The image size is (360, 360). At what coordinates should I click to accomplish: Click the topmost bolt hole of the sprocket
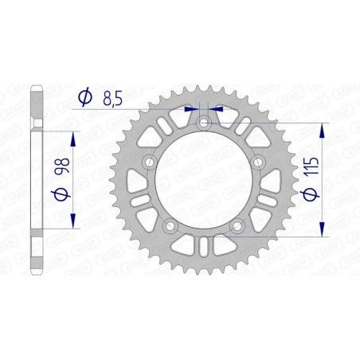coord(205,123)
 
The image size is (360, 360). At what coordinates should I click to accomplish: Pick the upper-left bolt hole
coord(148,163)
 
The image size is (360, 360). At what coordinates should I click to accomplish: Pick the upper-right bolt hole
coord(260,163)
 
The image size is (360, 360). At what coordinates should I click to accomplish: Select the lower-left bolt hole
coord(169,228)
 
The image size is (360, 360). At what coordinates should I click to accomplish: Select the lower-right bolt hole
coord(238,228)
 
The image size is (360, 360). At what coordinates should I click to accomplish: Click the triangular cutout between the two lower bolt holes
coord(204,246)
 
